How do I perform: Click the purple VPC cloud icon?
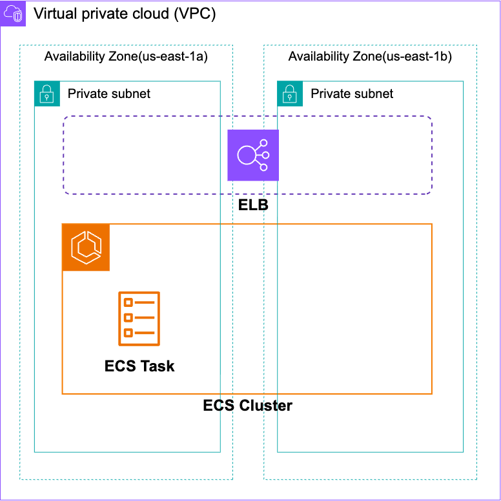pyautogui.click(x=14, y=14)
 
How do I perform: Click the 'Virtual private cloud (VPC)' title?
pyautogui.click(x=125, y=14)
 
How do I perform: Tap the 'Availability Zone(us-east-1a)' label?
pyautogui.click(x=125, y=57)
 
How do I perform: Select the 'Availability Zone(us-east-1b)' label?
pyautogui.click(x=370, y=57)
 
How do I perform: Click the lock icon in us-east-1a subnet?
pyautogui.click(x=46, y=93)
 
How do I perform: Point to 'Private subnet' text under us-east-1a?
pyautogui.click(x=109, y=93)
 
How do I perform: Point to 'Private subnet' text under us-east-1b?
pyautogui.click(x=352, y=93)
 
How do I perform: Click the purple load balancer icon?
pyautogui.click(x=252, y=155)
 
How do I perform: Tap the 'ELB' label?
pyautogui.click(x=252, y=206)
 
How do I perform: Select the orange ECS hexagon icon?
pyautogui.click(x=86, y=248)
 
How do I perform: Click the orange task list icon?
pyautogui.click(x=139, y=319)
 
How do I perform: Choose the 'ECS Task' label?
pyautogui.click(x=139, y=366)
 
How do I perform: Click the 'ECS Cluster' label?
pyautogui.click(x=247, y=406)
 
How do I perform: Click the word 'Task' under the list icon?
pyautogui.click(x=158, y=366)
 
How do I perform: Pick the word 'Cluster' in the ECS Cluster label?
pyautogui.click(x=266, y=406)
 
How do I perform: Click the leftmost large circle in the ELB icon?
pyautogui.click(x=246, y=155)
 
